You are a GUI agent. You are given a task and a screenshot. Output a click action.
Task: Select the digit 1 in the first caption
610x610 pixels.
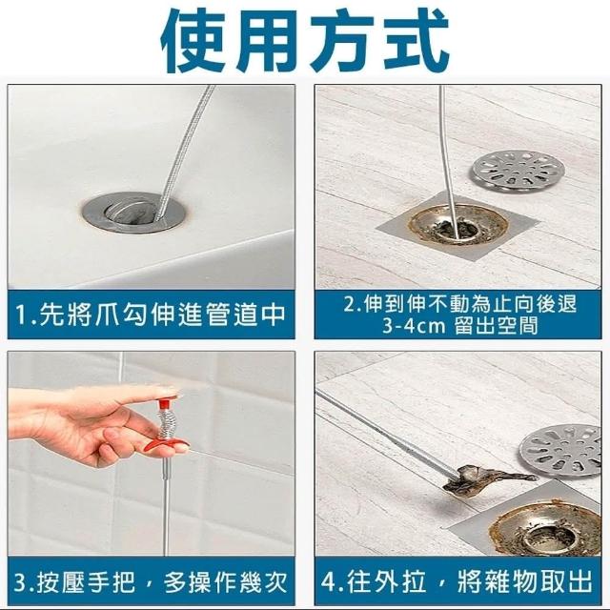[x=21, y=315]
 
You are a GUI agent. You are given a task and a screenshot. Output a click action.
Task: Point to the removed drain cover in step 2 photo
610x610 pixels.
[x=518, y=172]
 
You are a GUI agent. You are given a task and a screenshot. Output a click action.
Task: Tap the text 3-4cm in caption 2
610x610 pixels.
[x=413, y=326]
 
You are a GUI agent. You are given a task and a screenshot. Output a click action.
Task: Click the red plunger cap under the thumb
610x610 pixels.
[x=166, y=400]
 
